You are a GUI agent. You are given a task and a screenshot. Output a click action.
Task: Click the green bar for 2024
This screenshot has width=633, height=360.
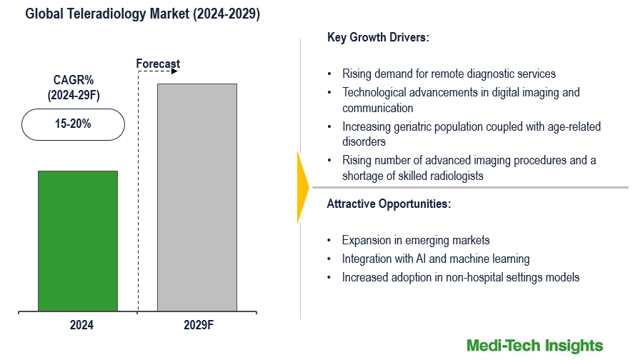pyautogui.click(x=77, y=241)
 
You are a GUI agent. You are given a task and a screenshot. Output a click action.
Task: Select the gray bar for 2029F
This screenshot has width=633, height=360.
pyautogui.click(x=196, y=197)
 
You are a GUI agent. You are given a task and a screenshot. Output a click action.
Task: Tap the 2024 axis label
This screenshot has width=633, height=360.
pyautogui.click(x=81, y=325)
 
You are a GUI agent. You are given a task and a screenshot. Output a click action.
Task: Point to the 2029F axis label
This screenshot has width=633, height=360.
pyautogui.click(x=199, y=325)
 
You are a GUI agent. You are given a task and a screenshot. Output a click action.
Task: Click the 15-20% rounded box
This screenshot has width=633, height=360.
pyautogui.click(x=73, y=124)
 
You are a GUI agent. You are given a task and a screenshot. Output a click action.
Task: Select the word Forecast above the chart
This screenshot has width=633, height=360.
pyautogui.click(x=158, y=64)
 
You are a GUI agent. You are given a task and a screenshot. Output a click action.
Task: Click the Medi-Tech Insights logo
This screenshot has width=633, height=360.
pyautogui.click(x=534, y=346)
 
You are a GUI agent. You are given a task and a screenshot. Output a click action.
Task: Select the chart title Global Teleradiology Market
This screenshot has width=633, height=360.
pyautogui.click(x=143, y=15)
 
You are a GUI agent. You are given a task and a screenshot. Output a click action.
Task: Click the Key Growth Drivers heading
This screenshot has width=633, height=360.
pyautogui.click(x=378, y=38)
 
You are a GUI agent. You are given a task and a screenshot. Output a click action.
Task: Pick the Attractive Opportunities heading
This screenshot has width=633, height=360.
pyautogui.click(x=389, y=204)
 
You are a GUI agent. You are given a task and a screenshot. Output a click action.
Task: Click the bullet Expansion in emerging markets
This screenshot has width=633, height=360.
pyautogui.click(x=415, y=240)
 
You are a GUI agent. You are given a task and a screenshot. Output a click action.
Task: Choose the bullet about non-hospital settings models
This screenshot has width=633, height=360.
pyautogui.click(x=460, y=277)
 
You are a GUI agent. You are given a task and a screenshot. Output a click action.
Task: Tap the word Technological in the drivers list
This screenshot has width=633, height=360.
pyautogui.click(x=374, y=92)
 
